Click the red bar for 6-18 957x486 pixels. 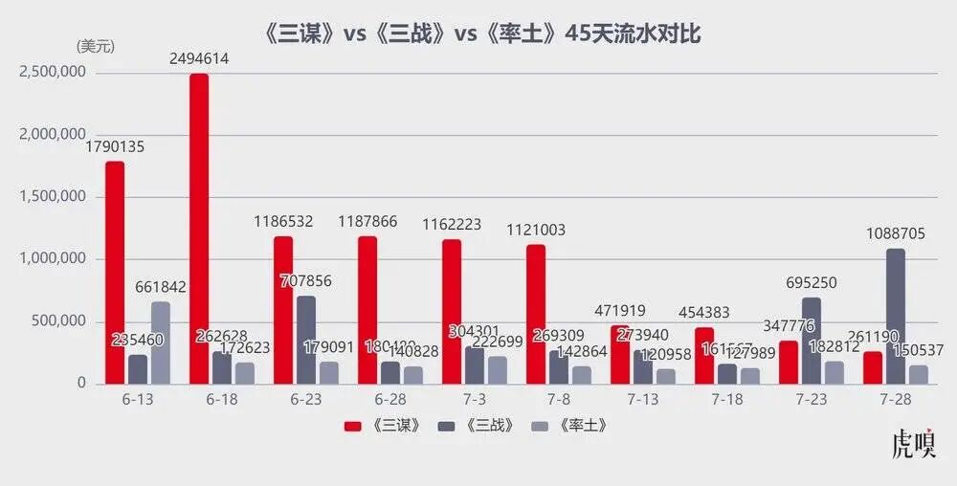tap(199, 229)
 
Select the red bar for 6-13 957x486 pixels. tap(115, 273)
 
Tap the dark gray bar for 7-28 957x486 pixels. tap(896, 316)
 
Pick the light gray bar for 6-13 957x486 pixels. tap(161, 342)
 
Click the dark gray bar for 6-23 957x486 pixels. tap(306, 340)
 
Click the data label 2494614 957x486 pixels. tap(199, 59)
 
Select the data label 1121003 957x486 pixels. tap(536, 230)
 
